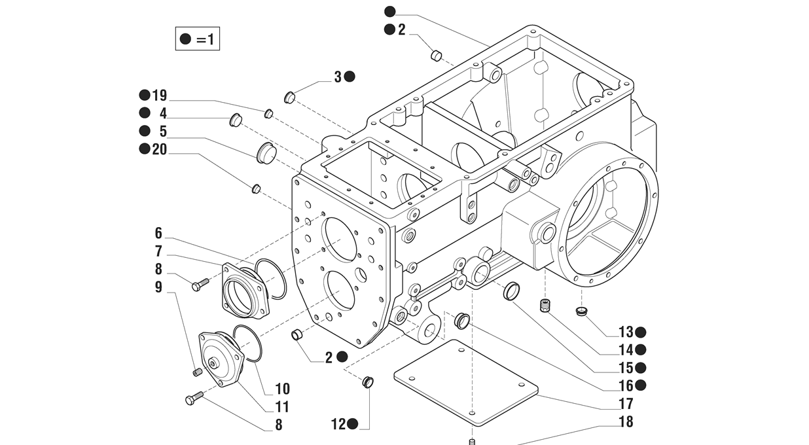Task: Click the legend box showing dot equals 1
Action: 197,39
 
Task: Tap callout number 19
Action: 159,96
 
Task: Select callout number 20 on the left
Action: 159,149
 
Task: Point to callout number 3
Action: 338,77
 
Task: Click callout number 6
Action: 158,234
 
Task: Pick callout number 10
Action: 283,389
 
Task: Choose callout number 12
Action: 338,424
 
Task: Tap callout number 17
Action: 626,404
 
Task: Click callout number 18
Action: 626,421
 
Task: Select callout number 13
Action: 626,332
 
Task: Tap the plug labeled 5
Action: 265,152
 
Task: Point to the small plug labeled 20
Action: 257,189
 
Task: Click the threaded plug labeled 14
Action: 543,306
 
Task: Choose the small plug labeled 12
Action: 368,381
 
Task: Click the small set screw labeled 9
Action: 197,372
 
